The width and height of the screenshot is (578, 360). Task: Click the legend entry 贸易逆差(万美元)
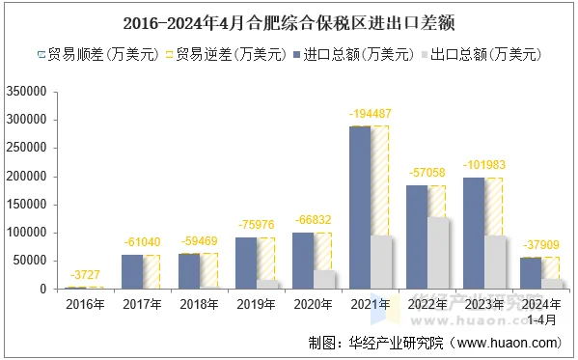click(226, 55)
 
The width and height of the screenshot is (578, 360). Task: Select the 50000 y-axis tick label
click(30, 261)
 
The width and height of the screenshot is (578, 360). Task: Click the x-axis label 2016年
click(84, 305)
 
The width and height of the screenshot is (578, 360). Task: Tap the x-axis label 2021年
click(370, 305)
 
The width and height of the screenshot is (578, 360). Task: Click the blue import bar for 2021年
click(359, 208)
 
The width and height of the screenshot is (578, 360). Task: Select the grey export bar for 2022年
click(438, 253)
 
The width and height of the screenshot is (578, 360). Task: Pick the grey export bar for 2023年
click(495, 262)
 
